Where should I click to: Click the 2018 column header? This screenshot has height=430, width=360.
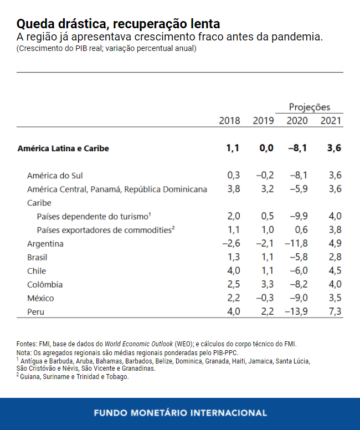tap(229, 121)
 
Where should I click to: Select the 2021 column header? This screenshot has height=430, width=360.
tap(331, 121)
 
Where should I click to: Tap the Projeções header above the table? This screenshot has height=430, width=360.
tap(309, 107)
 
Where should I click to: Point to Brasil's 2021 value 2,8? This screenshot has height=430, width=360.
tap(335, 258)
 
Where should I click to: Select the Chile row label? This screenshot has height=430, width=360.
tap(37, 271)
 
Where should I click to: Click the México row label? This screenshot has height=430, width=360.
tap(40, 298)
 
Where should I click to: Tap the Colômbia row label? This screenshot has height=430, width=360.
tap(45, 285)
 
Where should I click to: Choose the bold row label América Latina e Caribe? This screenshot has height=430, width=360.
tap(63, 149)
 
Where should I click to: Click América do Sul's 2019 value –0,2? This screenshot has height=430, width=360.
tap(265, 176)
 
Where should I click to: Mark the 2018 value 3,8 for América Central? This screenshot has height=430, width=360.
tap(233, 190)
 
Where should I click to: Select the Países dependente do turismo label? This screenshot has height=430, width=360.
tap(94, 216)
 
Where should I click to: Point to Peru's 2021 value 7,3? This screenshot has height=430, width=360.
tap(335, 312)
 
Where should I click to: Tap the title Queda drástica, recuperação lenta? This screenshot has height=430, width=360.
tap(118, 24)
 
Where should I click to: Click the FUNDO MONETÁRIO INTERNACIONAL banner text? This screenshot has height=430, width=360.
tap(180, 413)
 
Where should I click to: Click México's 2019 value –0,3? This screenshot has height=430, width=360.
tap(265, 298)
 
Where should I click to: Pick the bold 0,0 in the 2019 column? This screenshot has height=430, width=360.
tap(266, 149)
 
